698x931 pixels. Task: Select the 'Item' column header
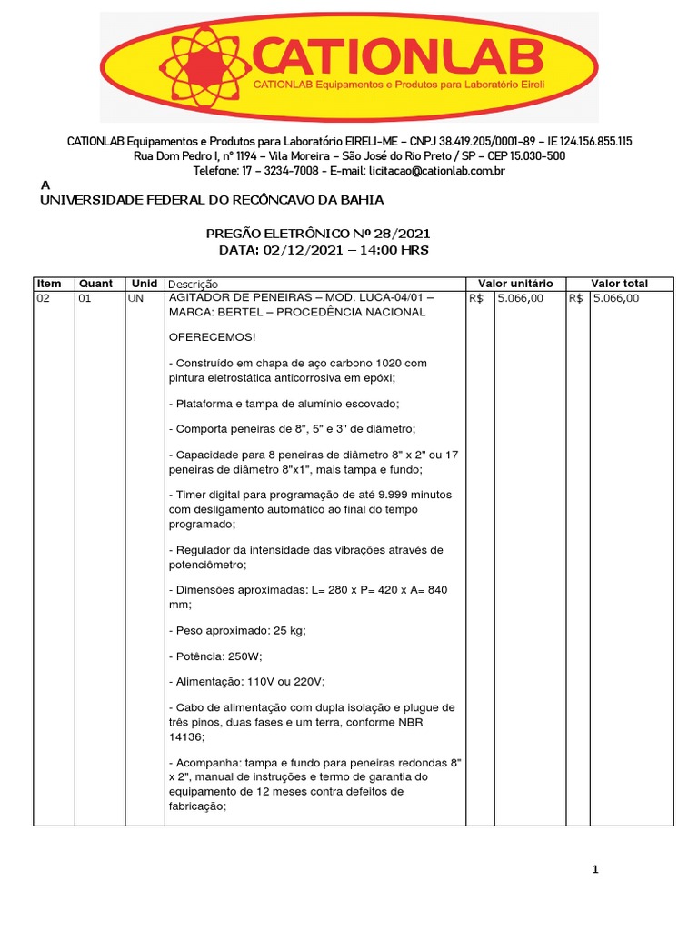(49, 284)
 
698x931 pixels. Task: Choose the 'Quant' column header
(96, 284)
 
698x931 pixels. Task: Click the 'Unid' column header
(145, 284)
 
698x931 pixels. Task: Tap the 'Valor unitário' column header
(514, 284)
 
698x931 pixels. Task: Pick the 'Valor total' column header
(619, 284)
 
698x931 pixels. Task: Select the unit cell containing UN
(136, 298)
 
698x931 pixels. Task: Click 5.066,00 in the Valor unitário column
(521, 298)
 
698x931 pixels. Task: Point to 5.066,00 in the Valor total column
(616, 298)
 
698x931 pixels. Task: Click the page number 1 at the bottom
(595, 870)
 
